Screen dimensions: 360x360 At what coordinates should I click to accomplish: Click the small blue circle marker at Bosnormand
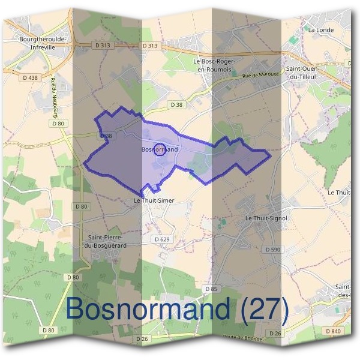(160, 150)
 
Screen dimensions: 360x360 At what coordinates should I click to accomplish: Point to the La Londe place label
(320, 29)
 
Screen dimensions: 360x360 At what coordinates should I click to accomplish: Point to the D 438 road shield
(29, 77)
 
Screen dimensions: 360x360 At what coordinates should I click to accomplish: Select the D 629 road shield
(163, 239)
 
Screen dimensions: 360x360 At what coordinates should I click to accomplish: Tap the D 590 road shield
(272, 249)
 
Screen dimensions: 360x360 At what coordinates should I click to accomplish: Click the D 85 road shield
(211, 289)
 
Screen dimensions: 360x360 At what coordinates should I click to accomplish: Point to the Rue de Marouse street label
(260, 76)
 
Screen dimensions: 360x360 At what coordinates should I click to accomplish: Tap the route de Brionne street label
(235, 339)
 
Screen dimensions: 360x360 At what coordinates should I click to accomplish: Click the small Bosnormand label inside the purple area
(160, 149)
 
